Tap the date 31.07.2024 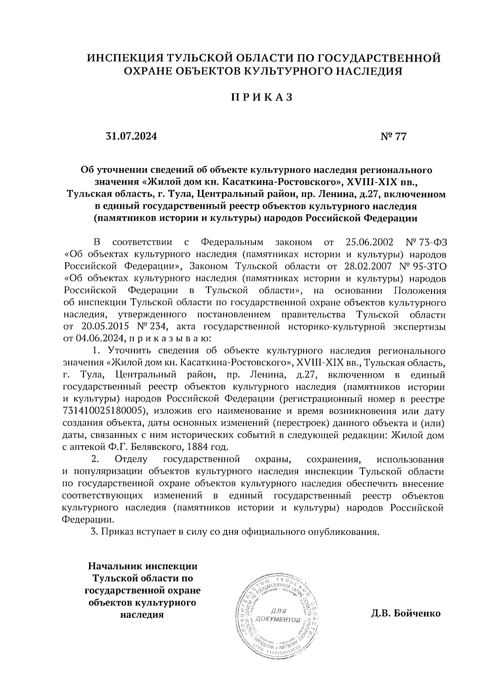click(x=131, y=136)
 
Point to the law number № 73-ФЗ click(x=424, y=242)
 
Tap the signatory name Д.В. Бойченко click(x=406, y=614)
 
